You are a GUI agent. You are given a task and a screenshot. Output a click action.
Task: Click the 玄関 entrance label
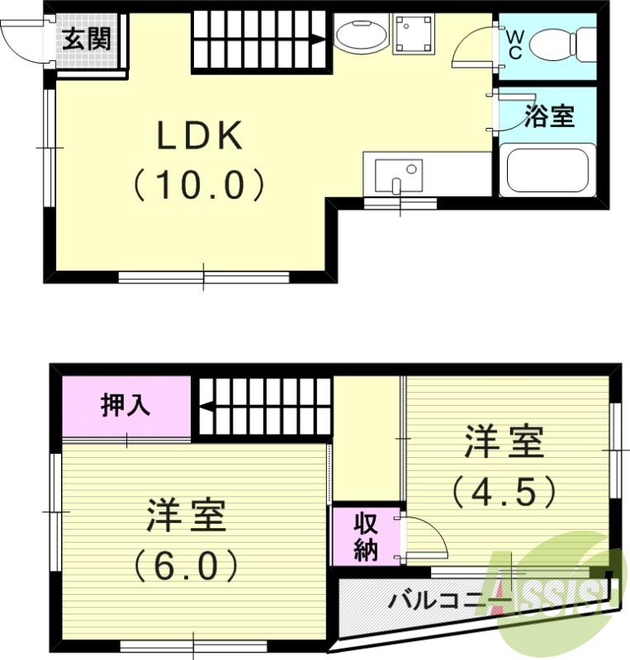point(86,38)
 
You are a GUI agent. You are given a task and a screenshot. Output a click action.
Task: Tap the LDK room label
point(201,137)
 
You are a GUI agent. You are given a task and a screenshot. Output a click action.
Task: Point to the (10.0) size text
point(201,185)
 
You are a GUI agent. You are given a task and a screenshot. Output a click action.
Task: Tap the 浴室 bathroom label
point(550,116)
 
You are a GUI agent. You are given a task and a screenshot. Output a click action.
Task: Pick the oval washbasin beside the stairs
point(361,37)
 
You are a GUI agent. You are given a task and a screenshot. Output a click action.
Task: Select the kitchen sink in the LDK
point(399,174)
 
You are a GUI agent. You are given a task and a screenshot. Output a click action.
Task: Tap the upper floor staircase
point(261,40)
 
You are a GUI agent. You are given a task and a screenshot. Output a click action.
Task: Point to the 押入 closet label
point(126,406)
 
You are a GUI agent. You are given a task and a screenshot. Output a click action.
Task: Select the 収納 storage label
point(366,536)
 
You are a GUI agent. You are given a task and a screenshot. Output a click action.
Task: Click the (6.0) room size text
point(187,565)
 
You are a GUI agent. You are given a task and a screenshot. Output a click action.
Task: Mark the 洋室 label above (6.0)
point(187,516)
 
